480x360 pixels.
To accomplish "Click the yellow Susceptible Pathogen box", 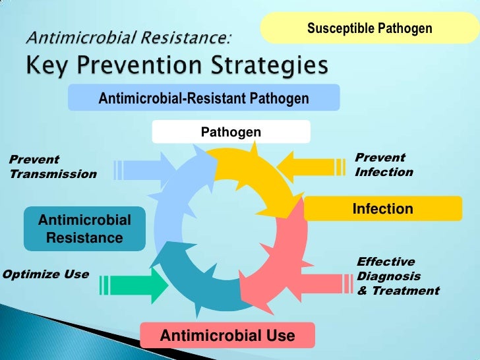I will point(369,28).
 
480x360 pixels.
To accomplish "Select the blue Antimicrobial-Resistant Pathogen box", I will point(204,98).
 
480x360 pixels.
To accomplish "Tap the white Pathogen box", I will point(231,133).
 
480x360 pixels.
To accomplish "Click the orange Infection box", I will point(383,209).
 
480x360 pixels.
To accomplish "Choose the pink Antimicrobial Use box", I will point(227,336).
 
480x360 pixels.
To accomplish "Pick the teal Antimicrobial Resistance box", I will point(84,229).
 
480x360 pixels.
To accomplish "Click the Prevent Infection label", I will point(384,165).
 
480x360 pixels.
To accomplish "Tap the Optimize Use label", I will point(46,274).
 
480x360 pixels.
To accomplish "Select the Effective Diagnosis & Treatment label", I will point(398,276).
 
